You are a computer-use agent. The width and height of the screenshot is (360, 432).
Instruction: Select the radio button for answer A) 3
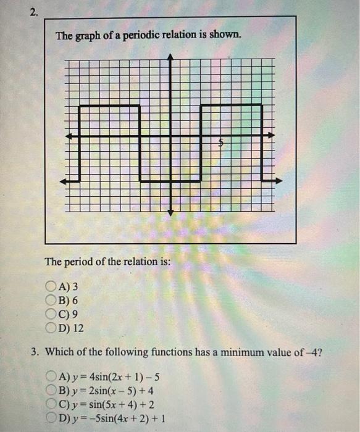(51, 286)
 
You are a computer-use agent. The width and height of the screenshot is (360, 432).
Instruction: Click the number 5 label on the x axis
(219, 143)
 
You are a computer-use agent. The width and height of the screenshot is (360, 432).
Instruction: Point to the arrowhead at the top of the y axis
(172, 57)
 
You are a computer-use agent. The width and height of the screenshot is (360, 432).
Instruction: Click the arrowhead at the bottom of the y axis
(172, 212)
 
